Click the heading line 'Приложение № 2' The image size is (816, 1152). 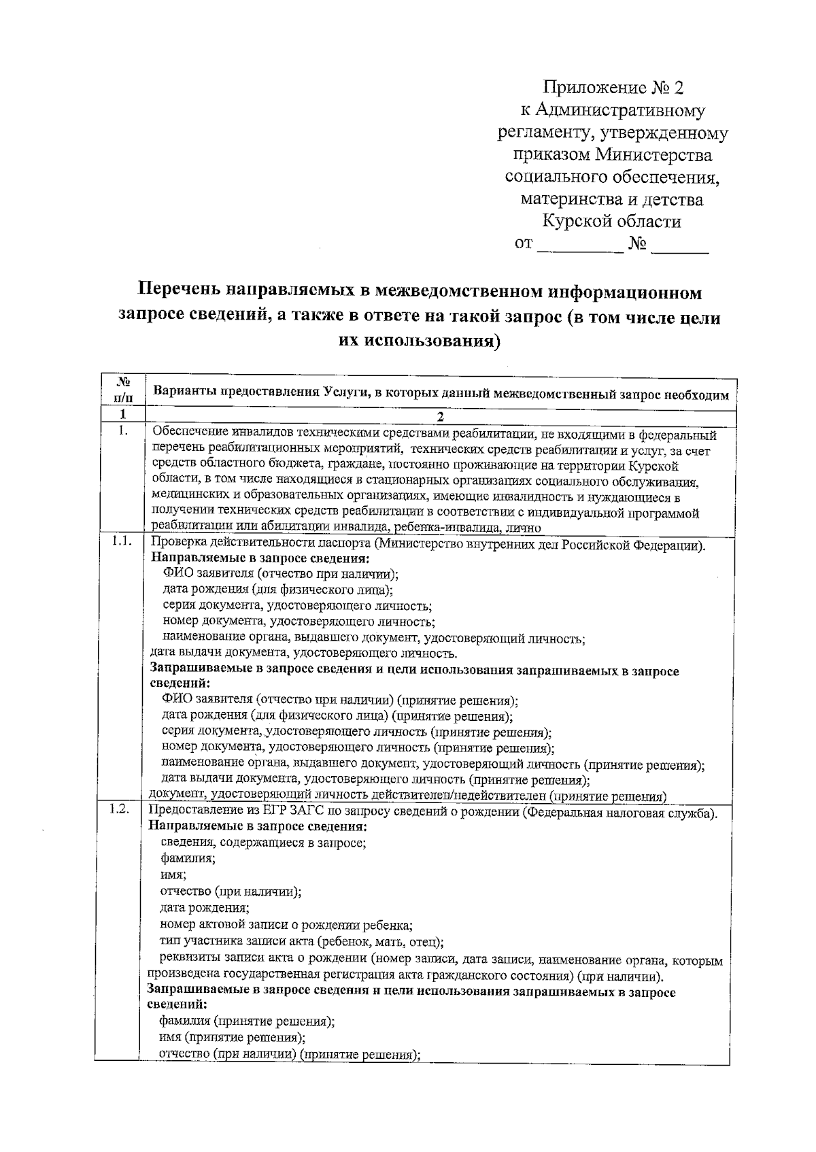(612, 88)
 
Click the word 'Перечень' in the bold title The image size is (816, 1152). (178, 292)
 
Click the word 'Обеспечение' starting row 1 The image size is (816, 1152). (190, 433)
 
